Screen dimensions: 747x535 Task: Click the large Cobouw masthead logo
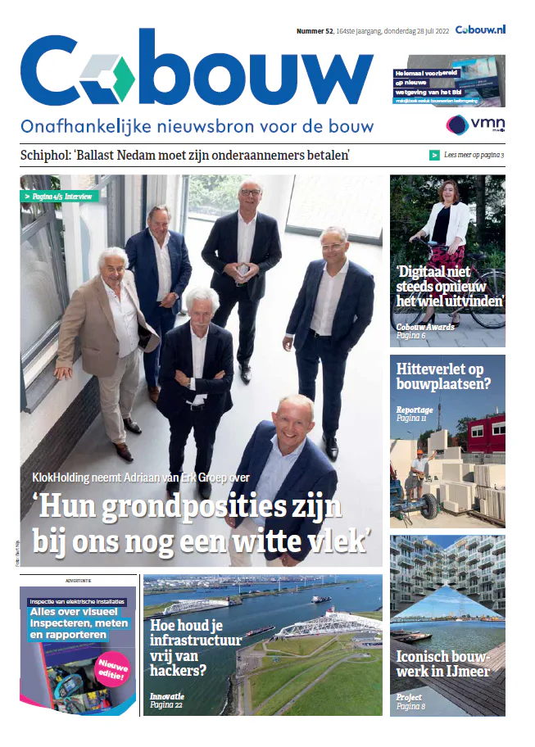point(197,70)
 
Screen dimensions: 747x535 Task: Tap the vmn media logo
point(474,125)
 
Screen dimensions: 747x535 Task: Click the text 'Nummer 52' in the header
point(315,30)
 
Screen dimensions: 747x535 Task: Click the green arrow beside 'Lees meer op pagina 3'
point(434,155)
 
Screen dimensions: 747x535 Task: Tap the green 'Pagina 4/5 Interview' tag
point(60,197)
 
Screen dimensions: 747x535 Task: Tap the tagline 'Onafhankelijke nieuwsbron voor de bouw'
point(197,126)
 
